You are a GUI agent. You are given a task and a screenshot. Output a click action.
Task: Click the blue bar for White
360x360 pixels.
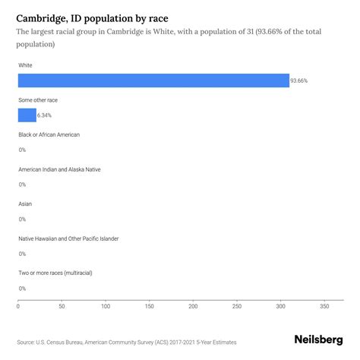tap(153, 81)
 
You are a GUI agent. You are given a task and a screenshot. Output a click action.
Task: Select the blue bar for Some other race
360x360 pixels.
tap(27, 115)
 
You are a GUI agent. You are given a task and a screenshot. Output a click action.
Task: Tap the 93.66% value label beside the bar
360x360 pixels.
tap(300, 81)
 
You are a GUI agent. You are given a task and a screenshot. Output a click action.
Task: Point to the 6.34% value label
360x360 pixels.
tap(45, 115)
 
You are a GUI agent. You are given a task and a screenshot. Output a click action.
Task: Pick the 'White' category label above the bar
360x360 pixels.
tap(26, 65)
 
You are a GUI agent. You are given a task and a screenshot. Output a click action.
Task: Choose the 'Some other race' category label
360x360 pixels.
tap(38, 100)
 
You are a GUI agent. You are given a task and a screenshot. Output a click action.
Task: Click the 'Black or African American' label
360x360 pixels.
tap(49, 134)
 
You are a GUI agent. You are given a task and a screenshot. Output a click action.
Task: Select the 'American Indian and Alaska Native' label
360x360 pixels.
tap(58, 169)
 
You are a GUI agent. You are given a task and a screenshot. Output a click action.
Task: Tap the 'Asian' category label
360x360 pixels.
tap(25, 204)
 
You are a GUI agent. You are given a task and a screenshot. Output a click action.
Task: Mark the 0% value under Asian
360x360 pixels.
tap(22, 219)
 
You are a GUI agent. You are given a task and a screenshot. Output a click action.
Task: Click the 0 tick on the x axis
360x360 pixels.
tap(18, 308)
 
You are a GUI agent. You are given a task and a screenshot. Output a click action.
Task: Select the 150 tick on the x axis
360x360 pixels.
tap(150, 308)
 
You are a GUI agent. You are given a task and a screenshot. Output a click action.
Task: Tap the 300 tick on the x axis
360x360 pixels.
tap(280, 308)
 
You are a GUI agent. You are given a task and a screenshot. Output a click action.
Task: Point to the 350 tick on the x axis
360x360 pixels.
tap(324, 308)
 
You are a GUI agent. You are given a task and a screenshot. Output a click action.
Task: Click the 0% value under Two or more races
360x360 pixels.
tap(22, 289)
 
